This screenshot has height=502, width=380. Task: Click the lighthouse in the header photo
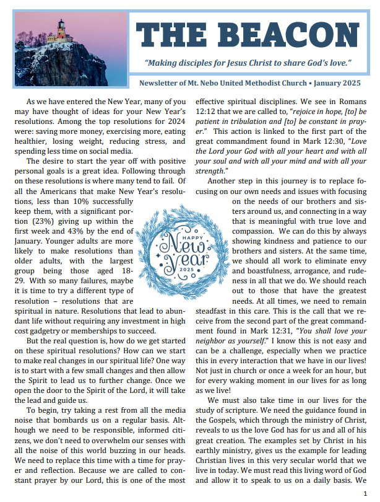pyautogui.click(x=62, y=29)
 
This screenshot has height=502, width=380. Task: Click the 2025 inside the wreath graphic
pyautogui.click(x=186, y=271)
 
